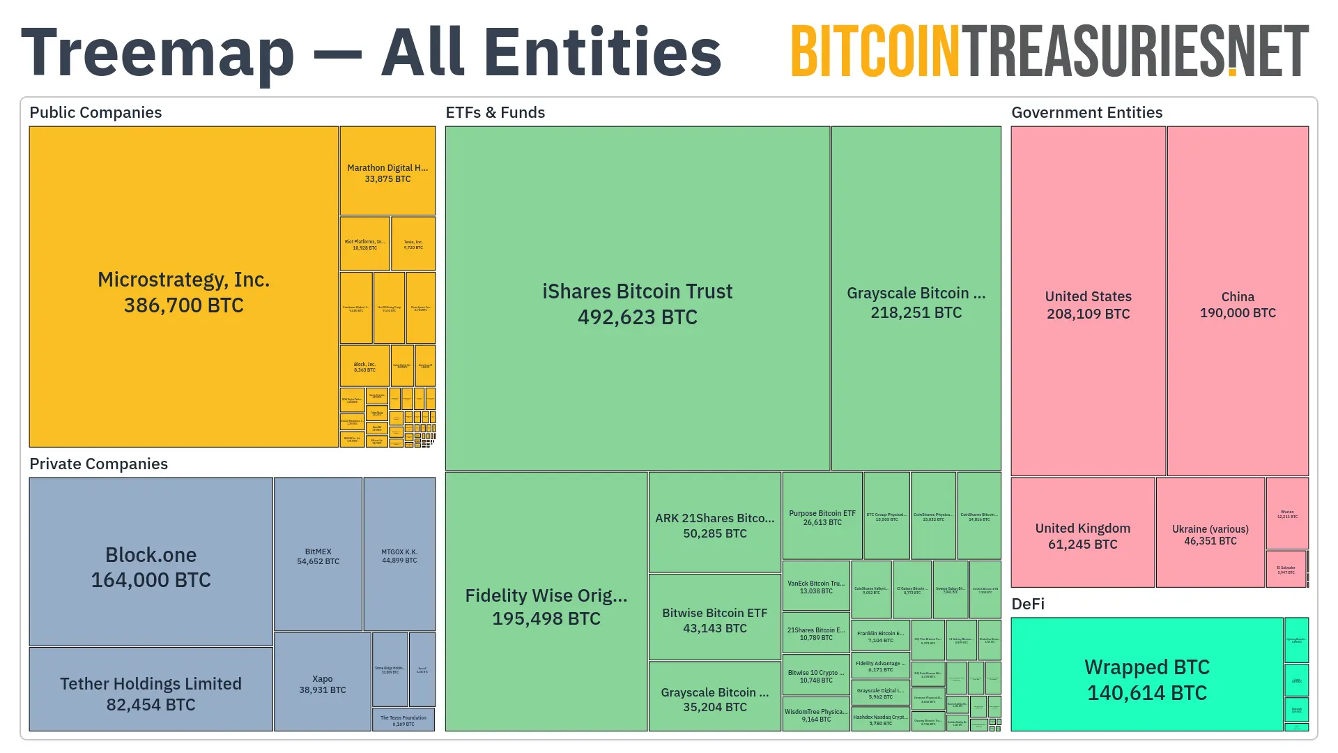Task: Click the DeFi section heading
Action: tap(1028, 604)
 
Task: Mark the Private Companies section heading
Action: tap(98, 464)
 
